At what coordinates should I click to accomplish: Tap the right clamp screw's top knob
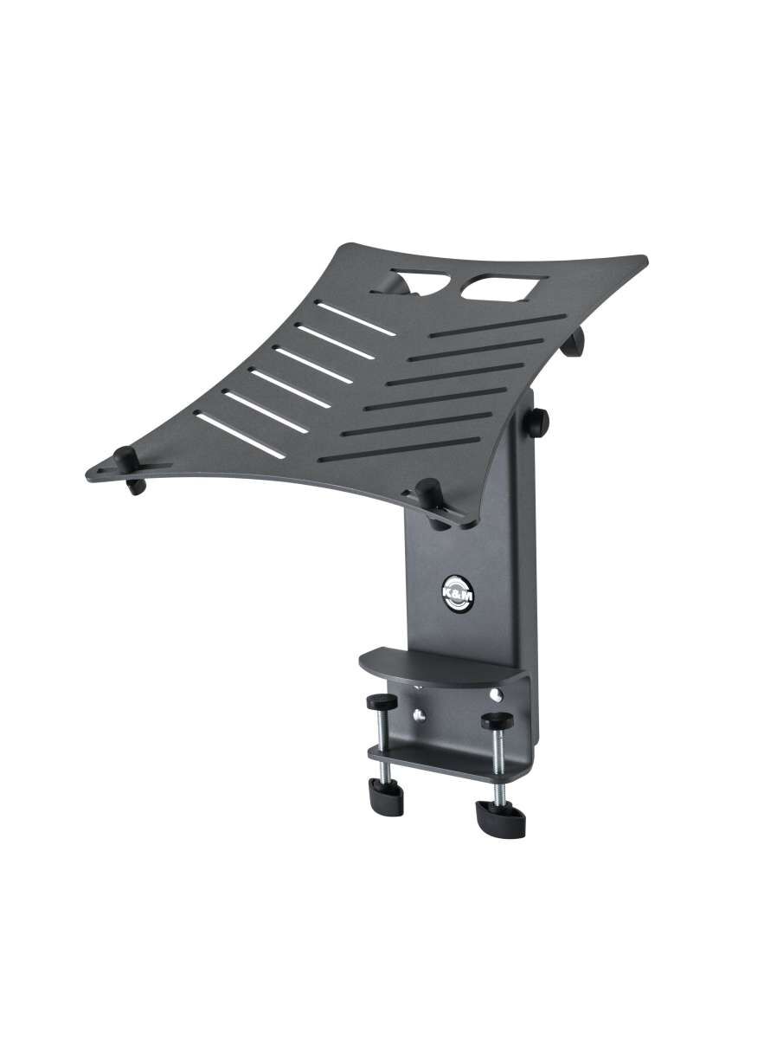496,720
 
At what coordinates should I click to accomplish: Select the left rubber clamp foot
381,791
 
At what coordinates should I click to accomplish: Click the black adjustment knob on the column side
542,422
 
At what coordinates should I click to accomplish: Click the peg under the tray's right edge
574,343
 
